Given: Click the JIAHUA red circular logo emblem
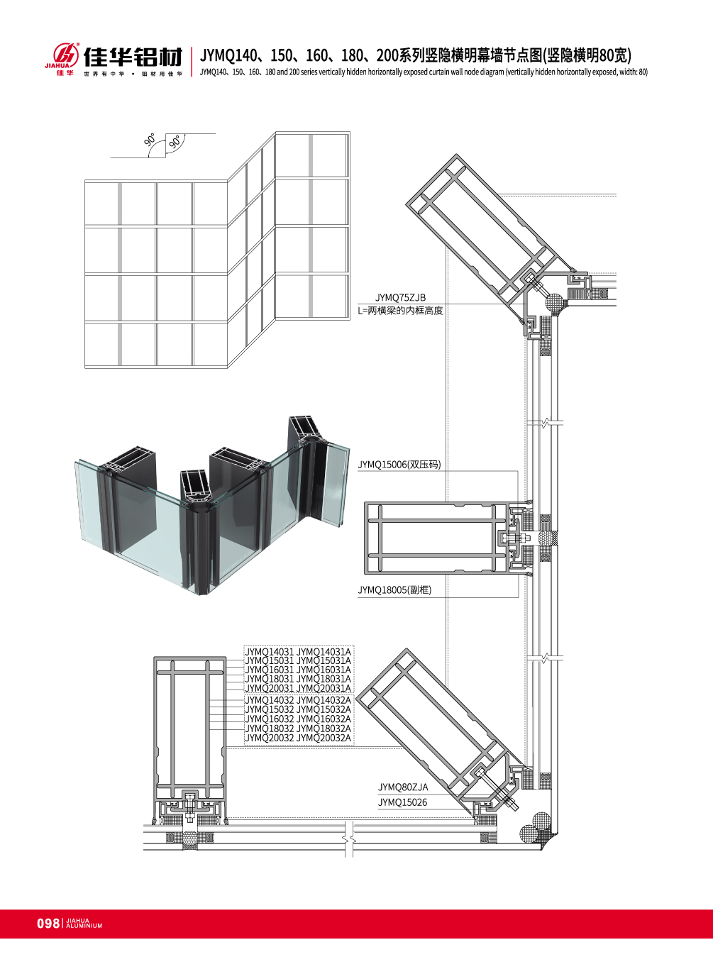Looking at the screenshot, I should [x=66, y=54].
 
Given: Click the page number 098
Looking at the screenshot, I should [x=48, y=923].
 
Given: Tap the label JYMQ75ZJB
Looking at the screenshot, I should [x=400, y=298].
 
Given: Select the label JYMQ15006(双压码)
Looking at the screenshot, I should [x=399, y=465].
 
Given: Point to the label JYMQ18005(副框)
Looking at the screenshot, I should [x=394, y=590].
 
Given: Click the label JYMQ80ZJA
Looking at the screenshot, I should [x=402, y=787].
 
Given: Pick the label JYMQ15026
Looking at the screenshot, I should [x=402, y=802].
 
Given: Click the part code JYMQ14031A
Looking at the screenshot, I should [x=324, y=651].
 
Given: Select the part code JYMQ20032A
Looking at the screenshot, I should [x=324, y=738].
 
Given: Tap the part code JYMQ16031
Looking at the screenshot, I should [x=269, y=670].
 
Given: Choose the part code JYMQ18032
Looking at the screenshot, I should [x=269, y=729].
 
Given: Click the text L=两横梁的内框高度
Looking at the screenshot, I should [x=400, y=311].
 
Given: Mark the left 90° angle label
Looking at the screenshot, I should [x=150, y=140].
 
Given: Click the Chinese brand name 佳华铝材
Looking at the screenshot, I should [x=133, y=57].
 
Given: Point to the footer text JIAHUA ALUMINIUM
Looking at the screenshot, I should [x=84, y=924].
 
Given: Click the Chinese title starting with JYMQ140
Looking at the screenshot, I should [x=415, y=55].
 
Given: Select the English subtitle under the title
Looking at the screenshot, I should [x=424, y=72].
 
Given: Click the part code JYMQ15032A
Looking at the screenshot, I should [x=324, y=709].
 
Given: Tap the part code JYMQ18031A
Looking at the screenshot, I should [x=324, y=679].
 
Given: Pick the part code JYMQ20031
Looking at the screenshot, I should [x=269, y=688].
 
